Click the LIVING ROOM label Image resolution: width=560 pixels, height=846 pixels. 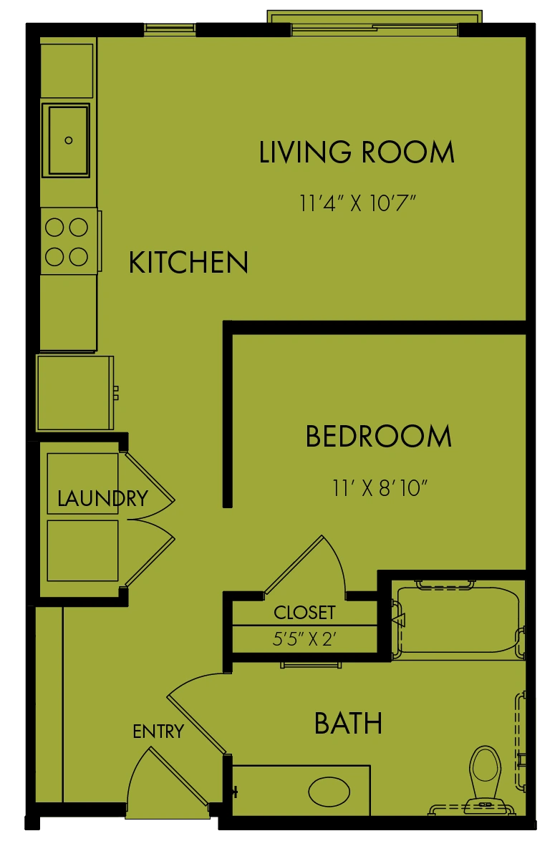[x=357, y=152]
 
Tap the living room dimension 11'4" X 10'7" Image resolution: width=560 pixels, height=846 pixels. [x=357, y=203]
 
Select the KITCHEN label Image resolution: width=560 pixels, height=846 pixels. [x=188, y=262]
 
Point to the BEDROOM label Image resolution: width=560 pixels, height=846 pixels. [x=379, y=436]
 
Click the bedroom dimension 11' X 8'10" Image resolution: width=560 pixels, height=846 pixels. [x=380, y=487]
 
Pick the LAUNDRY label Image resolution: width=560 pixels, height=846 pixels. [x=102, y=498]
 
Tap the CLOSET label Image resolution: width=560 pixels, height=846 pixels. [x=304, y=613]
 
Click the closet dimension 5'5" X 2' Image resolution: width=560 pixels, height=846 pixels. [x=304, y=639]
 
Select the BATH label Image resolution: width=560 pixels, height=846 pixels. [x=348, y=724]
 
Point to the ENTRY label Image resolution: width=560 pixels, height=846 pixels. [x=158, y=731]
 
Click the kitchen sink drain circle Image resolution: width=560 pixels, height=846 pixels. [x=69, y=140]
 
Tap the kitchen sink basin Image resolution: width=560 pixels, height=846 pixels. [x=68, y=140]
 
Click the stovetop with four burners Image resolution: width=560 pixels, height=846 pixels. [x=69, y=242]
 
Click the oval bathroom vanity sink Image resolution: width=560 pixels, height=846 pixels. [x=329, y=792]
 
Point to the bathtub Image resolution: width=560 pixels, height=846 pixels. [x=458, y=619]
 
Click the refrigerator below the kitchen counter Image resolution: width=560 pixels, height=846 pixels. [x=75, y=392]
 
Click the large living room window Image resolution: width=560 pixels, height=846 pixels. [x=375, y=23]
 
